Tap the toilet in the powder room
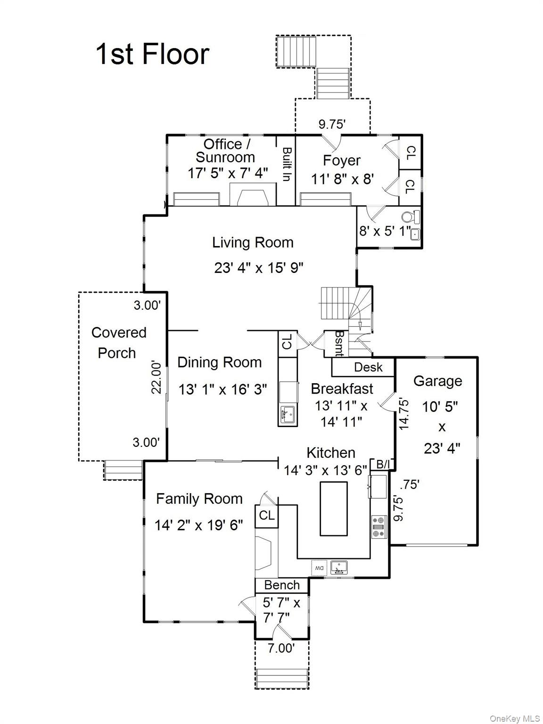(410, 217)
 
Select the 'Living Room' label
(253, 243)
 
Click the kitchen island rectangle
(334, 509)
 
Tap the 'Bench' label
(282, 585)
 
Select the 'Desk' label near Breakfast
(368, 367)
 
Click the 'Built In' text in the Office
(286, 165)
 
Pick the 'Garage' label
(437, 381)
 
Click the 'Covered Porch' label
(118, 343)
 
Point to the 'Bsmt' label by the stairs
(339, 343)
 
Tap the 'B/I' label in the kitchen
(383, 464)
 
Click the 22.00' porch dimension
(157, 377)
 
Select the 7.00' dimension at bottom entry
(281, 648)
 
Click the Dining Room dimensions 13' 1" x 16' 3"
(222, 389)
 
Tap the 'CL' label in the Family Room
(266, 516)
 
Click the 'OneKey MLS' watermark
(515, 718)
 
